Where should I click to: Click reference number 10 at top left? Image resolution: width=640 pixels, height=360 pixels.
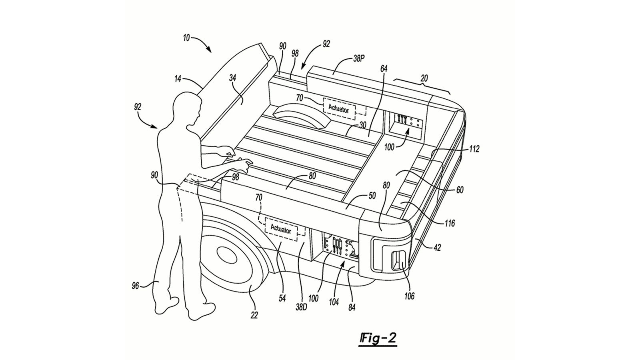click(x=186, y=38)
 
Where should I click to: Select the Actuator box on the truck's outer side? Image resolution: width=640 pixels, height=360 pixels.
click(x=281, y=230)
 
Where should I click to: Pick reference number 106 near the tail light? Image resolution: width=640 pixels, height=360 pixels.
click(x=409, y=296)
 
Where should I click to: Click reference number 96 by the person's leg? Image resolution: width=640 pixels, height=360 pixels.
click(x=135, y=286)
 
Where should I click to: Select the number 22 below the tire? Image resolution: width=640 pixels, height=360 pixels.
click(x=254, y=315)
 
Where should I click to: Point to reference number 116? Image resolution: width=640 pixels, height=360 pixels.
click(x=450, y=223)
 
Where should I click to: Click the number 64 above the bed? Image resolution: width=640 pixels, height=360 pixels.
click(x=384, y=69)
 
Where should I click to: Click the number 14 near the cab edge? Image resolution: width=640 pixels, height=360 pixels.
click(x=178, y=79)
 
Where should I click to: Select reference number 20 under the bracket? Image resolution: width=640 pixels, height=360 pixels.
click(x=424, y=78)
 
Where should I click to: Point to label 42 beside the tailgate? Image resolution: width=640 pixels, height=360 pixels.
click(x=437, y=248)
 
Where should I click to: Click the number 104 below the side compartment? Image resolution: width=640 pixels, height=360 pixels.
click(x=334, y=302)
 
